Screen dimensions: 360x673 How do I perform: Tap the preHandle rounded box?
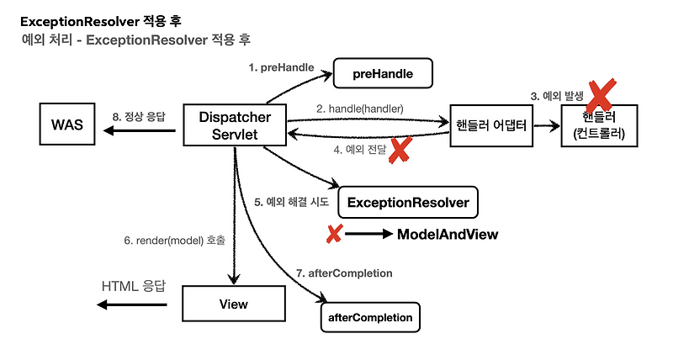pos(383,73)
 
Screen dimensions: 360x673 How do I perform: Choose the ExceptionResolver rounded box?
pos(408,202)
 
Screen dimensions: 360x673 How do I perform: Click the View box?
pos(232,303)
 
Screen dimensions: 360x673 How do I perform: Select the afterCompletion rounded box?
pos(369,317)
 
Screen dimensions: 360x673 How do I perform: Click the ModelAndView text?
pos(447,235)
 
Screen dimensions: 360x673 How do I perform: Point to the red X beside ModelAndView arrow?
pos(334,234)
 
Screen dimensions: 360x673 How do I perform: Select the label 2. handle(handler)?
pos(360,109)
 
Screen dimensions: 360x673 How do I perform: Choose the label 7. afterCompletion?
pos(346,273)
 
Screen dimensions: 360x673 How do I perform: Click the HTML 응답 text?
pos(133,286)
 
